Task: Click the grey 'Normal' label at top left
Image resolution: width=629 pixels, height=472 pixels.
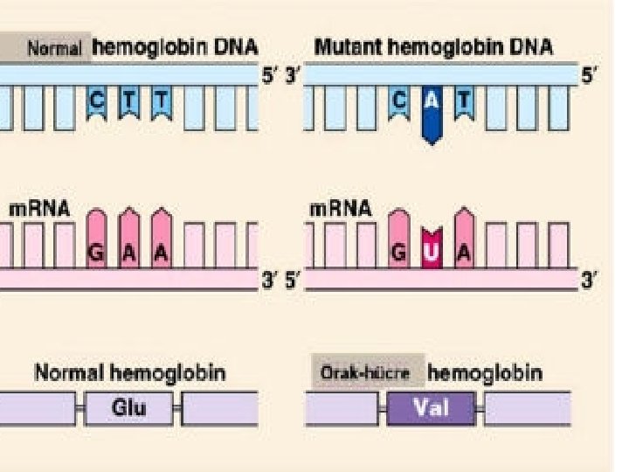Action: (54, 49)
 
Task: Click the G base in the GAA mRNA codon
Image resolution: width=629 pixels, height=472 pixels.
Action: (97, 251)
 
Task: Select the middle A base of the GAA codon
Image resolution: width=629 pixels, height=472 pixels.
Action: (129, 251)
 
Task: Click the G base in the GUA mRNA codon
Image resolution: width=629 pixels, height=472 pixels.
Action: (398, 251)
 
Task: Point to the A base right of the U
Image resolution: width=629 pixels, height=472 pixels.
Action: (463, 251)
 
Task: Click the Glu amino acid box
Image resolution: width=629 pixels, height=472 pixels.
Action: (128, 407)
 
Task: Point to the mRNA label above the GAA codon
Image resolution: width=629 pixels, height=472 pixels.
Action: (39, 210)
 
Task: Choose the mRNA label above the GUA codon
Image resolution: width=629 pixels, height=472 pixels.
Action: (341, 210)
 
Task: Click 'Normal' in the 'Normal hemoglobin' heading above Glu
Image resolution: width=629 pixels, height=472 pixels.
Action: (69, 373)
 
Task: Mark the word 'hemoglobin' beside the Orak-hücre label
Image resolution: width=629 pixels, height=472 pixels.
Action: (484, 373)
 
